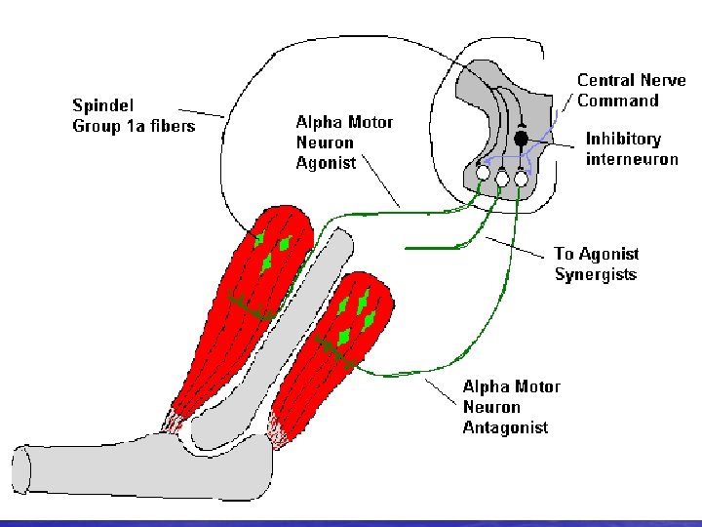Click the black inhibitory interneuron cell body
[x=521, y=140]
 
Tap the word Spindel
[x=101, y=105]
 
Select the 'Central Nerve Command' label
[x=631, y=91]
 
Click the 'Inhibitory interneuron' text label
[x=631, y=149]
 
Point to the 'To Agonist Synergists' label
[x=596, y=263]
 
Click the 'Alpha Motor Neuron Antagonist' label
[x=511, y=407]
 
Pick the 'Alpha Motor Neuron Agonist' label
[x=344, y=142]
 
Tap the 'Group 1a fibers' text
[x=134, y=126]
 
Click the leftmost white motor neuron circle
[x=483, y=174]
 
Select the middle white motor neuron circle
[x=502, y=178]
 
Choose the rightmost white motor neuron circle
[x=521, y=178]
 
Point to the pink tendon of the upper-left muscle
[x=175, y=422]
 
